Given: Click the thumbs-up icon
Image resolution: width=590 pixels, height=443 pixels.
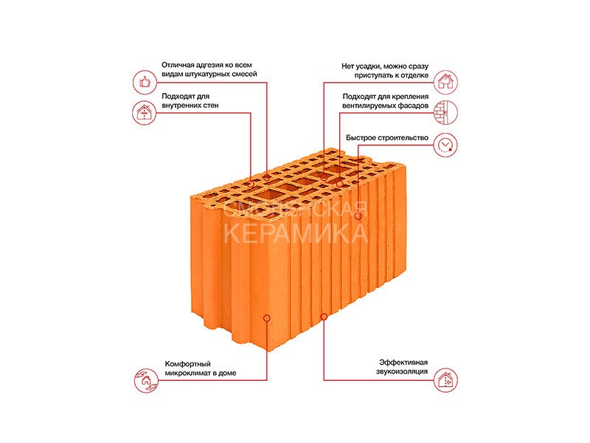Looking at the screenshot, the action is click(145, 82).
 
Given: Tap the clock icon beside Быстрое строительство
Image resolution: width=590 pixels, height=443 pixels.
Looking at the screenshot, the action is click(445, 145).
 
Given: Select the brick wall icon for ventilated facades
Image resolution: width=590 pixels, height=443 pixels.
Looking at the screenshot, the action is click(445, 112).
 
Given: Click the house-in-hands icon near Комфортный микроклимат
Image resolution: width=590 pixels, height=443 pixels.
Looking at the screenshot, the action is click(146, 380).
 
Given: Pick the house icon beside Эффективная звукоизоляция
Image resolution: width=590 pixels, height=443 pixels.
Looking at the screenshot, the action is click(445, 380).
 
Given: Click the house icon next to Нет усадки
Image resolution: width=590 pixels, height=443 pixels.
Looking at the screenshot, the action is click(445, 82).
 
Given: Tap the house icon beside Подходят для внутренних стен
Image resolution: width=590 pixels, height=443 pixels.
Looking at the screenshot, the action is click(145, 112).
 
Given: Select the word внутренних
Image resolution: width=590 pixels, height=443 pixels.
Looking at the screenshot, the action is click(181, 106).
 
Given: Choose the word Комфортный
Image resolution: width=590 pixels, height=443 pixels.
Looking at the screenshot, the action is click(188, 364).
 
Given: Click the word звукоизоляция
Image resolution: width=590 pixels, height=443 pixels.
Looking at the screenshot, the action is click(402, 372).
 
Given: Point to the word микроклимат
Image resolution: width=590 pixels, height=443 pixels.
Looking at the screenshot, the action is click(187, 374).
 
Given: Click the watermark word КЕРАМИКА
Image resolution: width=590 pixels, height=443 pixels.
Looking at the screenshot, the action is click(296, 233).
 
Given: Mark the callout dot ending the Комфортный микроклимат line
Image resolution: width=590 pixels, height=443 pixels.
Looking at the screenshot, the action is click(267, 318).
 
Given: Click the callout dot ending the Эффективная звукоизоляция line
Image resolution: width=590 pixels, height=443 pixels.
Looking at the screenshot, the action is click(324, 317).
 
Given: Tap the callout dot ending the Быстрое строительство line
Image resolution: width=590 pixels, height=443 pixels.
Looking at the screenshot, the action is click(358, 216).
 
